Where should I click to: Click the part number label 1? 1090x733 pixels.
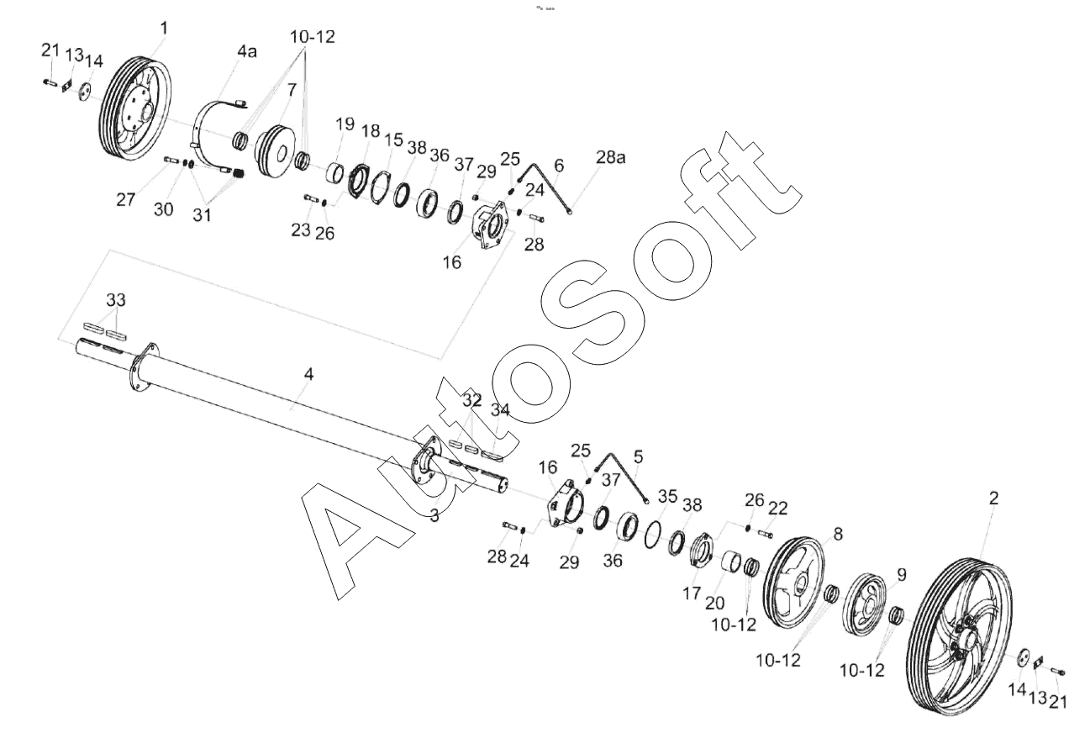[164, 29]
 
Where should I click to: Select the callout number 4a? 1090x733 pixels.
[246, 52]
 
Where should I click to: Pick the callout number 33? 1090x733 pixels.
[116, 300]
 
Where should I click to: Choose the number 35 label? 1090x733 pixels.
[667, 497]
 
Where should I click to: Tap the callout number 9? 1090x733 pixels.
[902, 575]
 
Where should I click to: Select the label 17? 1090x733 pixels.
[691, 593]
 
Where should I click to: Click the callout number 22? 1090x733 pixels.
[778, 509]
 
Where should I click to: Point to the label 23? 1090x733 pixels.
[301, 229]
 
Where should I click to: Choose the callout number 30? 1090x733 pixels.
[163, 209]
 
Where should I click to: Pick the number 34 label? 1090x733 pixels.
[500, 409]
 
